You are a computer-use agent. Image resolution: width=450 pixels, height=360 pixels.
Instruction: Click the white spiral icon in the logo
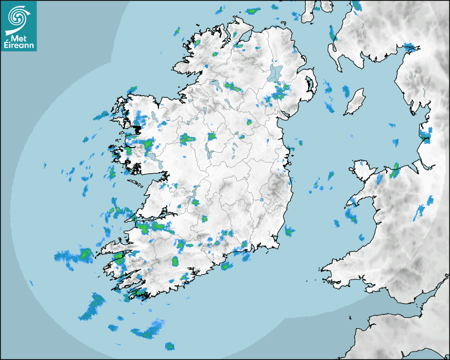18,19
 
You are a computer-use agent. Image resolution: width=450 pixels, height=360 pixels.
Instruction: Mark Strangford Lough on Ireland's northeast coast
308,84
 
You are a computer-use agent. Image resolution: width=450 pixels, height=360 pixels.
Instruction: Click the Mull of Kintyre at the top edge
308,13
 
